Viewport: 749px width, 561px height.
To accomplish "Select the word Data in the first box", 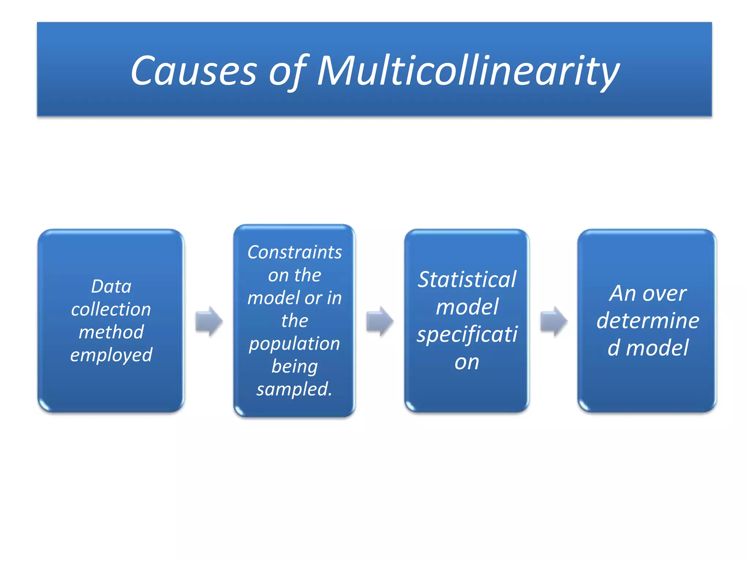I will pos(111,287).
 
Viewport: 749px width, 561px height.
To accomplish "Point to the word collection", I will pos(111,310).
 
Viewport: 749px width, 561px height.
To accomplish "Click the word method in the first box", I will pos(111,332).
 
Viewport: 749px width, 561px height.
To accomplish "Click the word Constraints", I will pos(294,252).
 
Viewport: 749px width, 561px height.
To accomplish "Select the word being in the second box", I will pos(294,367).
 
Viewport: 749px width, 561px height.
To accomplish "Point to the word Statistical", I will pos(467,280).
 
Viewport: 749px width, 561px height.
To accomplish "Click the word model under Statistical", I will pos(467,307).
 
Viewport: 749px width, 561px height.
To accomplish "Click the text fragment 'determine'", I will pos(648,321).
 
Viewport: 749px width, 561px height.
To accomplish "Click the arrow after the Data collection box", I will pos(209,321).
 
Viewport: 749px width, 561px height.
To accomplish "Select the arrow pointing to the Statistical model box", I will pos(380,321).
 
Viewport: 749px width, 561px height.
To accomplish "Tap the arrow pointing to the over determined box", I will pos(554,321).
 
